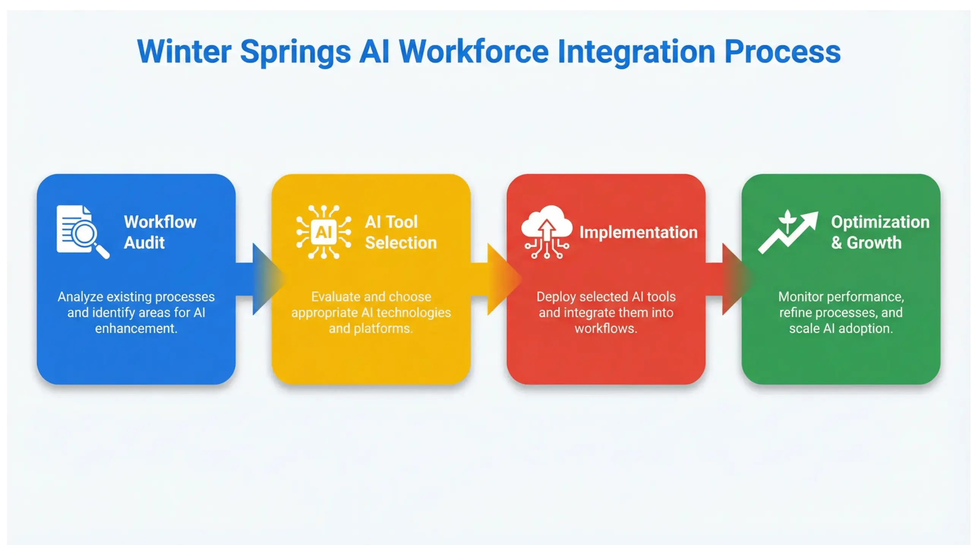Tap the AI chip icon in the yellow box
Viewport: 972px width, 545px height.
(323, 232)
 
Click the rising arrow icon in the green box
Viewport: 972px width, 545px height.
(788, 232)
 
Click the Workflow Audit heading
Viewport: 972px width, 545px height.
(160, 232)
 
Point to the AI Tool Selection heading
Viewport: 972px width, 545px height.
(401, 232)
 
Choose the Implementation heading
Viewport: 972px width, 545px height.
(638, 232)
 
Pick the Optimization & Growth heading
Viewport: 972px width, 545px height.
(880, 232)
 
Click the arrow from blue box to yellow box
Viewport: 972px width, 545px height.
(262, 279)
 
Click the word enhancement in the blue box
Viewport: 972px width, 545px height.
(136, 328)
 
